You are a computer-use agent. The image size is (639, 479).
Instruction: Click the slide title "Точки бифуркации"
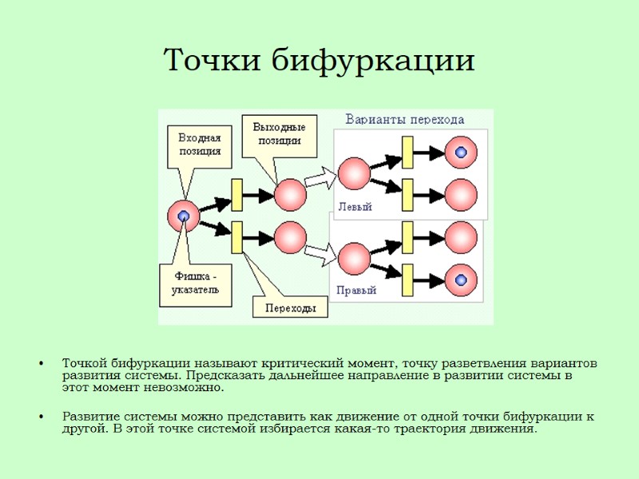click(x=319, y=60)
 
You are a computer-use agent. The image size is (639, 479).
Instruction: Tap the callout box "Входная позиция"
click(x=199, y=144)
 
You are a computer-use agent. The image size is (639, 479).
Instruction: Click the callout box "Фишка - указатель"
click(x=195, y=284)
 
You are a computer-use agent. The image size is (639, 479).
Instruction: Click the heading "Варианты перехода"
click(x=404, y=120)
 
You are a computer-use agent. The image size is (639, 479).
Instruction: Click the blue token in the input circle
click(x=184, y=216)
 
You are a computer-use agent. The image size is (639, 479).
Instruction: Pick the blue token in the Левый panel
click(x=460, y=152)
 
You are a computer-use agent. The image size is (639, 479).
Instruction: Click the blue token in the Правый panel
click(x=460, y=279)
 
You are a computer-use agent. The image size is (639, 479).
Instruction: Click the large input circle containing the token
click(x=184, y=216)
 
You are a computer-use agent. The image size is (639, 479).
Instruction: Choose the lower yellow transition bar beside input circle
click(x=237, y=236)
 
